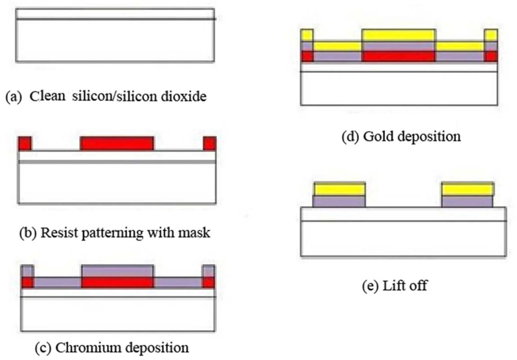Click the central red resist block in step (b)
pos(117,143)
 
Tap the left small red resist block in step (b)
pos(25,143)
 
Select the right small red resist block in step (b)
pos(209,143)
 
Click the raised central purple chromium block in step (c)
pos(117,271)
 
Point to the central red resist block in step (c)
pos(117,282)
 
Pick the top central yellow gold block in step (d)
pos(398,35)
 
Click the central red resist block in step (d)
pos(398,56)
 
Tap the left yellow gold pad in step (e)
pos(340,189)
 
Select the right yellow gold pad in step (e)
pos(467,189)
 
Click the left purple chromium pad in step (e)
pos(339,201)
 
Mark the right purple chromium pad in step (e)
pos(467,201)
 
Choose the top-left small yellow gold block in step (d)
pos(307,35)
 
